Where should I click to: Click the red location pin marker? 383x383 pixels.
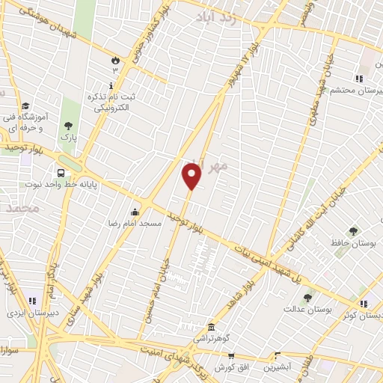click(x=192, y=177)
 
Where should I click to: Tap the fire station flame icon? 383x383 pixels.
click(x=114, y=59)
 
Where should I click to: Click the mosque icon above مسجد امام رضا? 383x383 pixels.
click(x=135, y=212)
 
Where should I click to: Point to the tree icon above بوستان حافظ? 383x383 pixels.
click(x=353, y=231)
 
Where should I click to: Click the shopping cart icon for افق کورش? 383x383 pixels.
click(x=231, y=355)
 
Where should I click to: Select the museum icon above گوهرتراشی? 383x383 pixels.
click(x=211, y=328)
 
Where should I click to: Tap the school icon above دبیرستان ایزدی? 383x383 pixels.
click(x=32, y=301)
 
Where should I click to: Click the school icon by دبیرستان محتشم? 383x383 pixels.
click(x=360, y=78)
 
